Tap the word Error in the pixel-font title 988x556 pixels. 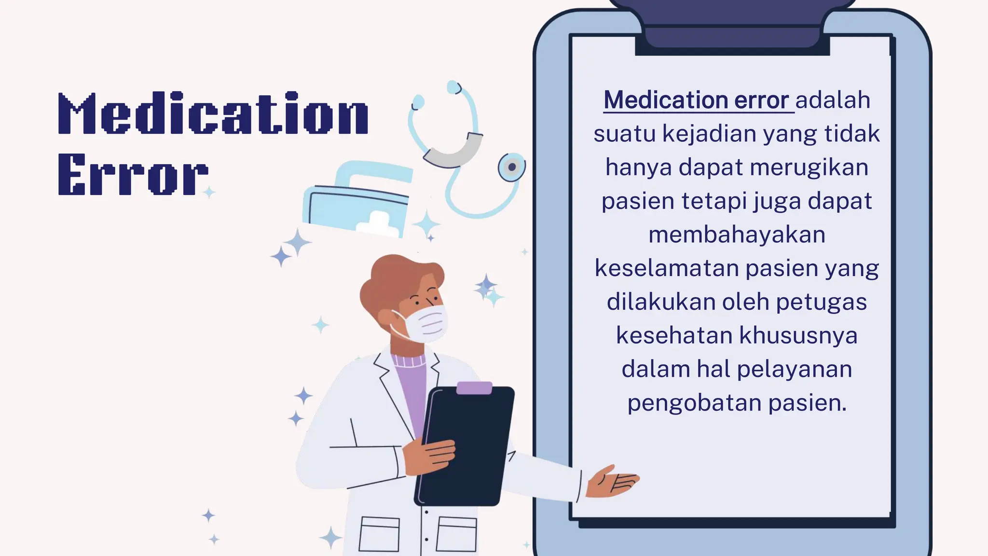tap(133, 174)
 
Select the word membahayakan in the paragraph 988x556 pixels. tap(737, 235)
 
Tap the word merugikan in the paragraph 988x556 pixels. tap(809, 167)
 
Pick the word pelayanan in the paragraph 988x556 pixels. tap(795, 369)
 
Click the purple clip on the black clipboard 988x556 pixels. tap(474, 388)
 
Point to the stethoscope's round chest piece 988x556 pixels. tap(511, 167)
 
